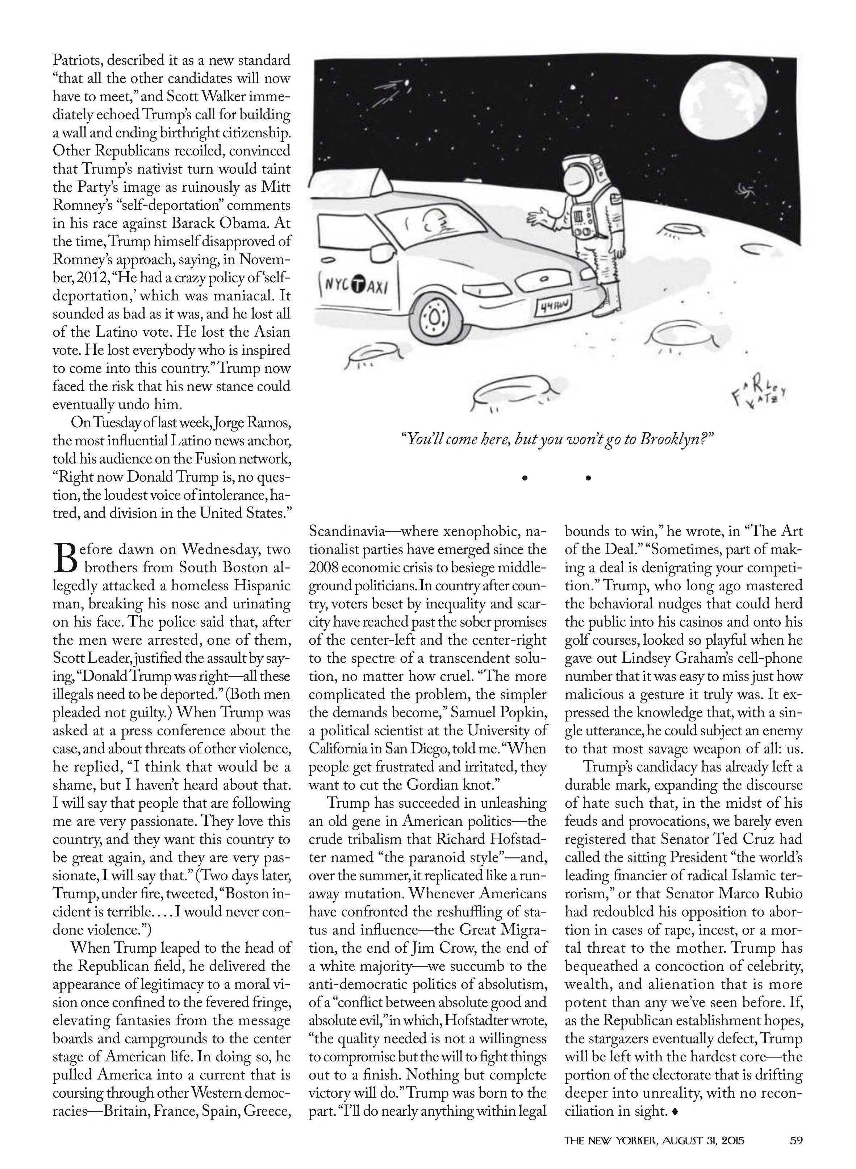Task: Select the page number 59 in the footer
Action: (796, 1139)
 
